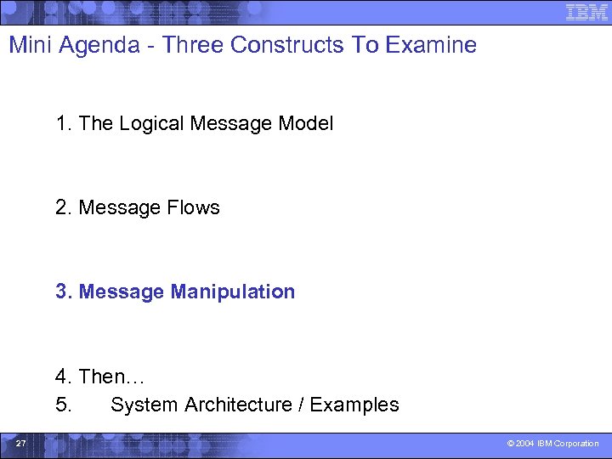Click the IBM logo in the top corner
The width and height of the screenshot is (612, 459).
click(586, 13)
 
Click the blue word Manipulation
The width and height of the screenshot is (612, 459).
click(232, 292)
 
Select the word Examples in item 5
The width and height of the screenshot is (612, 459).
click(354, 405)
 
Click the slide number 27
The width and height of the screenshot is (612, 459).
click(21, 443)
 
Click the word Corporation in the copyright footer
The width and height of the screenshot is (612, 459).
click(580, 444)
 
